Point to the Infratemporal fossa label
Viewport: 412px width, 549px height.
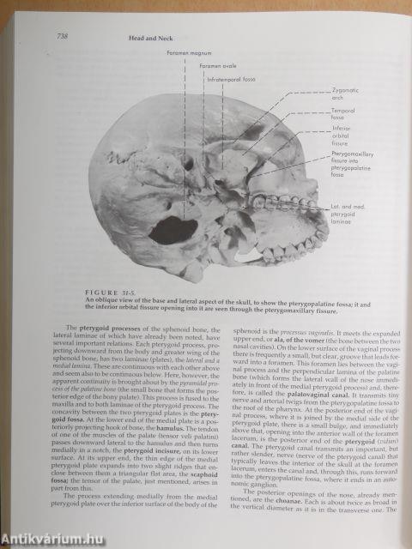point(230,79)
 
